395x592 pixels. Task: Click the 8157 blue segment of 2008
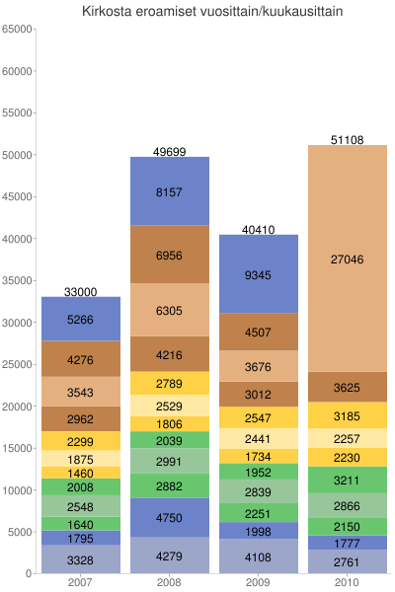(169, 191)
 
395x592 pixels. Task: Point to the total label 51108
(347, 140)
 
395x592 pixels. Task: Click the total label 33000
(80, 292)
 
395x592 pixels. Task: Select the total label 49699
(169, 152)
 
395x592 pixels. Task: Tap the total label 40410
(258, 230)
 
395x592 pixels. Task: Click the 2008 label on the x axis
(169, 583)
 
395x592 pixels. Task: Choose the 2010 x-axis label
(347, 583)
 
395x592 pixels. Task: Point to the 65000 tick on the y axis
(18, 30)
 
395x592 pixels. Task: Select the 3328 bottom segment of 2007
(80, 560)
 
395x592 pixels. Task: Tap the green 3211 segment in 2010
(347, 481)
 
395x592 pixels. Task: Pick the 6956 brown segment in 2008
(169, 256)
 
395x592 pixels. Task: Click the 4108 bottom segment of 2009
(258, 556)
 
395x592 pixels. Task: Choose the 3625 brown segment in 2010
(347, 388)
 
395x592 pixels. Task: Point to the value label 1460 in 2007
(80, 474)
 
